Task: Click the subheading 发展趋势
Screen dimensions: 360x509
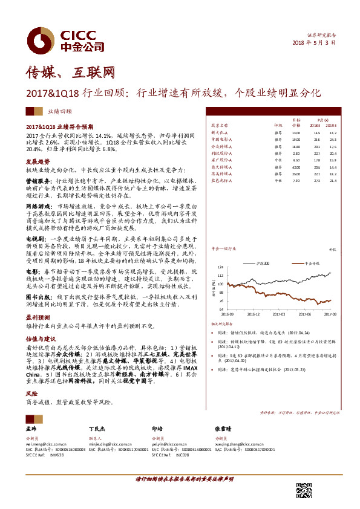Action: coord(38,163)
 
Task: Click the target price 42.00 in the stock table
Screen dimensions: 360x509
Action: coord(296,166)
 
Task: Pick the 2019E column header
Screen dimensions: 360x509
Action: coord(331,125)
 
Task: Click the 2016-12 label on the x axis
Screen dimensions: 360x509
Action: coord(254,314)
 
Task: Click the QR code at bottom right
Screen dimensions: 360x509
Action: coord(305,491)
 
